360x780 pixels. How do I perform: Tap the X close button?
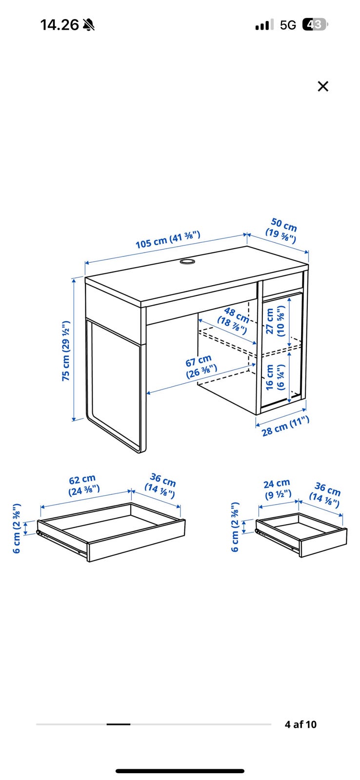coord(323,86)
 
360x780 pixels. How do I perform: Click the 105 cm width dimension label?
coord(168,240)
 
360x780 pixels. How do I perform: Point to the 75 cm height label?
coord(66,351)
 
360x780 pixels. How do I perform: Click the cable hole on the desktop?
coord(187,261)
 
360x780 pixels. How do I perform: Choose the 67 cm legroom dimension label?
coord(201,367)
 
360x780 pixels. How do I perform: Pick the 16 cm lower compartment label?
coord(275,377)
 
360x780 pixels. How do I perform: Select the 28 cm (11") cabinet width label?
coord(285,426)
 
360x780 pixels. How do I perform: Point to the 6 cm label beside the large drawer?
coord(17,528)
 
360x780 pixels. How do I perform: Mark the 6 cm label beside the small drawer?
coord(235,527)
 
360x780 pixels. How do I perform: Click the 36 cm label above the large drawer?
coord(161,486)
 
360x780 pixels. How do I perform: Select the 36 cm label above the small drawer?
coord(325,495)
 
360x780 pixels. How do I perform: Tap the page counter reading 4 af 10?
coord(300,724)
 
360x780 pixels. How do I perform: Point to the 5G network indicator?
coord(288,25)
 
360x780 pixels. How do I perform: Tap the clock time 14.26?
coord(60,25)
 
